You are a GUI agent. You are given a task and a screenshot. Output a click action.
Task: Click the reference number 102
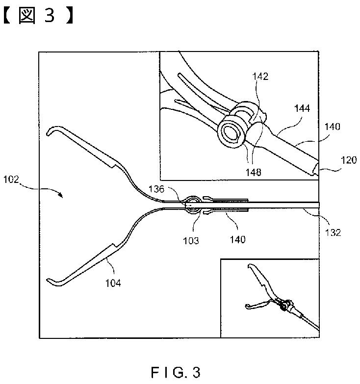coord(10,179)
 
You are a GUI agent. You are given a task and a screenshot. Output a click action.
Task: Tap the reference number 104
coord(112,282)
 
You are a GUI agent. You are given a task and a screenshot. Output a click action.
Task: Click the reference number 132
coord(333,233)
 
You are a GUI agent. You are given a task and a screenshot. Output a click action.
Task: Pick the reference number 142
coord(261,77)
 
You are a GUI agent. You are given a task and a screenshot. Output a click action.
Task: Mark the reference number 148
coord(255,172)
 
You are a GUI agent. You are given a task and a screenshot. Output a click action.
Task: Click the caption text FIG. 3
coord(176,372)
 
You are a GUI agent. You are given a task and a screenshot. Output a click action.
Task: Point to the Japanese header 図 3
coord(39,17)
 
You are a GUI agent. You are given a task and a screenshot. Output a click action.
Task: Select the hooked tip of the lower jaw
coord(50,281)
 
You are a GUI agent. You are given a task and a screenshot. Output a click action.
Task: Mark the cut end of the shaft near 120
coord(314,169)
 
